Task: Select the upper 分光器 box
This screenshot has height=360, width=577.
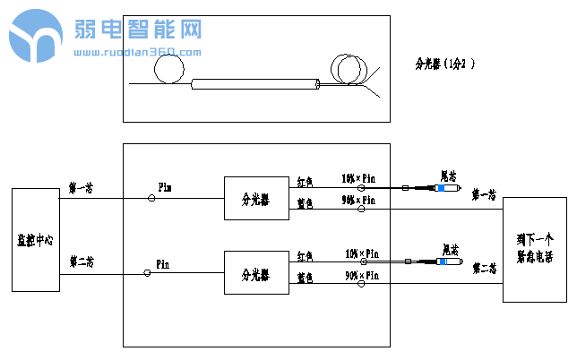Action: pyautogui.click(x=250, y=198)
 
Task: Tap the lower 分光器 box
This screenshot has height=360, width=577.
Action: pyautogui.click(x=250, y=274)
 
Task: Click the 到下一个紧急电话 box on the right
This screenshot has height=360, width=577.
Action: pyautogui.click(x=534, y=250)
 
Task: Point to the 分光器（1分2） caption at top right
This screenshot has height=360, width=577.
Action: pyautogui.click(x=444, y=64)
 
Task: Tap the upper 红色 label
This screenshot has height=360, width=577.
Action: pyautogui.click(x=305, y=181)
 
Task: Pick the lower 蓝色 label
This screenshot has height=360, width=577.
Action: pyautogui.click(x=305, y=279)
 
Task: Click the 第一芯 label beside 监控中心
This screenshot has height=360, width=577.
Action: pyautogui.click(x=81, y=189)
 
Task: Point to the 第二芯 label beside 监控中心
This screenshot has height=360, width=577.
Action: pyautogui.click(x=81, y=261)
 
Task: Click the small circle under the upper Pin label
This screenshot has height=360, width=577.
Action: pyautogui.click(x=151, y=198)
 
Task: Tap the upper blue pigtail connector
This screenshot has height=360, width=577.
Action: pyautogui.click(x=444, y=188)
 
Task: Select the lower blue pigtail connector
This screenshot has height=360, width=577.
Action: pyautogui.click(x=444, y=261)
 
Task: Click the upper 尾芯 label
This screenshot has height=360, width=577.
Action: pyautogui.click(x=449, y=175)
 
